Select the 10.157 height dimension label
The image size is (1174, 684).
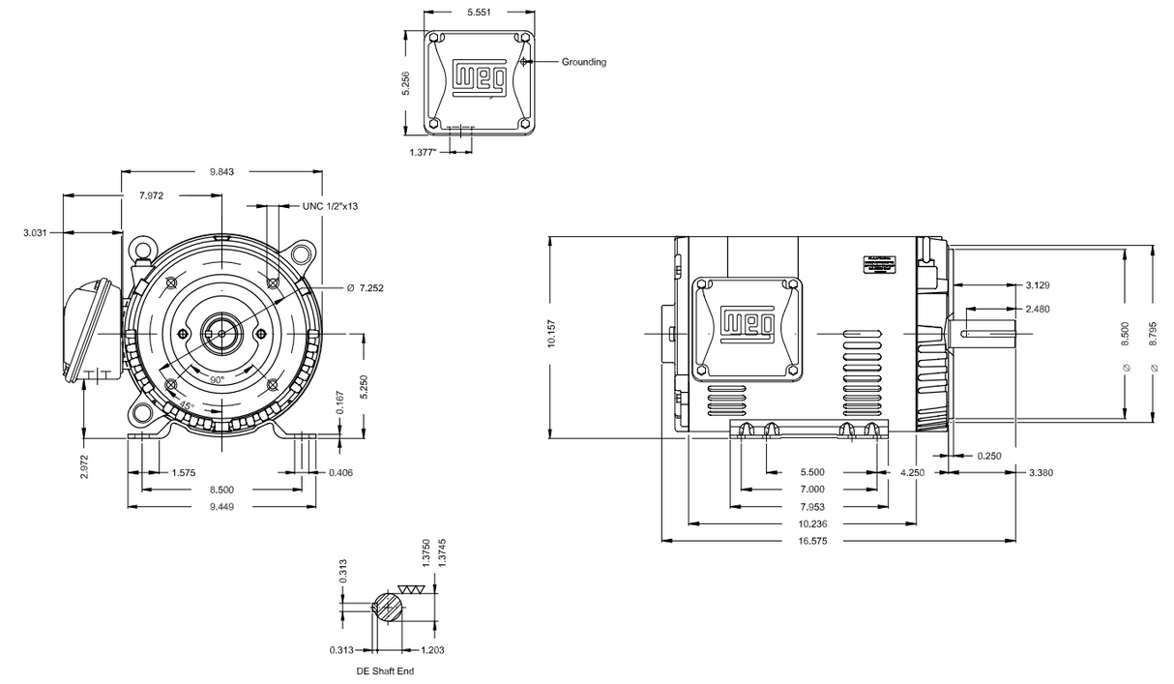[552, 336]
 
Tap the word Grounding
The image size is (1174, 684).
[584, 62]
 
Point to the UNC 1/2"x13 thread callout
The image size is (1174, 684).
[331, 206]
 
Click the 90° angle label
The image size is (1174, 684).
[217, 381]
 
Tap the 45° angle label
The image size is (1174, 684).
[183, 405]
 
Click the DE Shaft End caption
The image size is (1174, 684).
[385, 671]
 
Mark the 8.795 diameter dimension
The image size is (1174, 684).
[1155, 335]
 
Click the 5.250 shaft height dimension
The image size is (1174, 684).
[364, 385]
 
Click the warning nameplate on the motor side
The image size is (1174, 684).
[880, 265]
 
